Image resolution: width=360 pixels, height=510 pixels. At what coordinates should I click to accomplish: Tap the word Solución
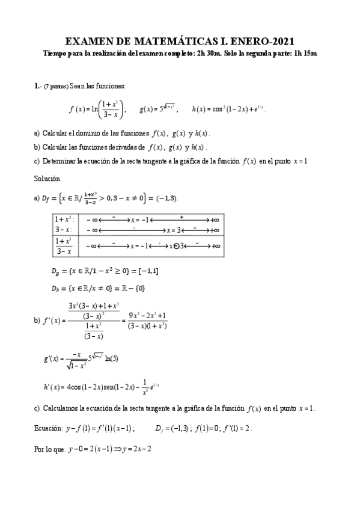[47, 179]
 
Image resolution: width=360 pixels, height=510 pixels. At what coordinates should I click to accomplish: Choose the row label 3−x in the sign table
[63, 229]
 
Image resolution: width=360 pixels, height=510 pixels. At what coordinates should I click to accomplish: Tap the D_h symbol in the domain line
[57, 288]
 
